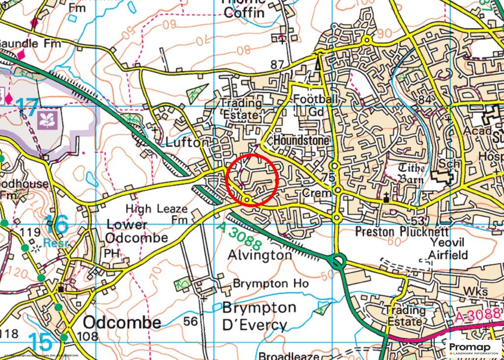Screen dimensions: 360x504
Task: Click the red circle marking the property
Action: [x=252, y=179]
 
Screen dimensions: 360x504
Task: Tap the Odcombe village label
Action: [x=122, y=323]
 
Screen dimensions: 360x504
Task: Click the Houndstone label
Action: [x=301, y=140]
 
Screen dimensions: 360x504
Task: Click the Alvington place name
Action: [x=260, y=255]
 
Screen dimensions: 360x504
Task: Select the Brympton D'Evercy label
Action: [x=259, y=316]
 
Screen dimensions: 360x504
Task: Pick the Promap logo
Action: [x=473, y=348]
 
